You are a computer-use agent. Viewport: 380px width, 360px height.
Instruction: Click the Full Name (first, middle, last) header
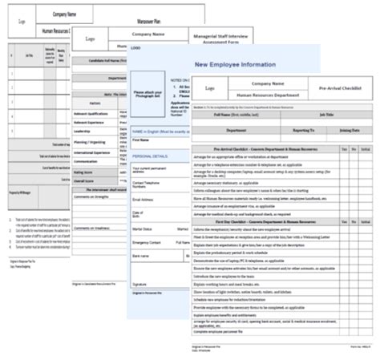(x=233, y=115)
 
